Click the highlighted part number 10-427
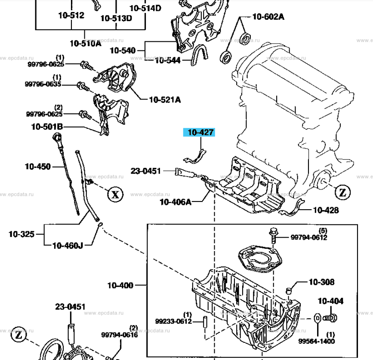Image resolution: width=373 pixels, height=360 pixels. point(200,132)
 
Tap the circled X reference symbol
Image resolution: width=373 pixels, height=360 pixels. point(115,195)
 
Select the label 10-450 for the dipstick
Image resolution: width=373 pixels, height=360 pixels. point(38,166)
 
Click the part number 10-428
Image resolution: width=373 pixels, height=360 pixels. point(326,210)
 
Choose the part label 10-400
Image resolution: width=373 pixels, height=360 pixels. point(120,285)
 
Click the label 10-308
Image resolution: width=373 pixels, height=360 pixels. point(322,282)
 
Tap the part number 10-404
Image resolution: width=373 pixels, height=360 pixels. point(331,301)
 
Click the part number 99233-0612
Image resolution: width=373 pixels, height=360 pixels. point(174,321)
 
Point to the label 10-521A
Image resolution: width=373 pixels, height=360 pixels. point(165,99)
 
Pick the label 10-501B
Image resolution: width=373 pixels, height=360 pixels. point(47,127)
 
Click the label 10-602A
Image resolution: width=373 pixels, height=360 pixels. point(268,17)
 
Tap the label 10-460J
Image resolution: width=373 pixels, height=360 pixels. point(68,245)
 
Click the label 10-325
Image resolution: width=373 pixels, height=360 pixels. point(22,235)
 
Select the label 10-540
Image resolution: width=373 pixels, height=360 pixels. point(123,50)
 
